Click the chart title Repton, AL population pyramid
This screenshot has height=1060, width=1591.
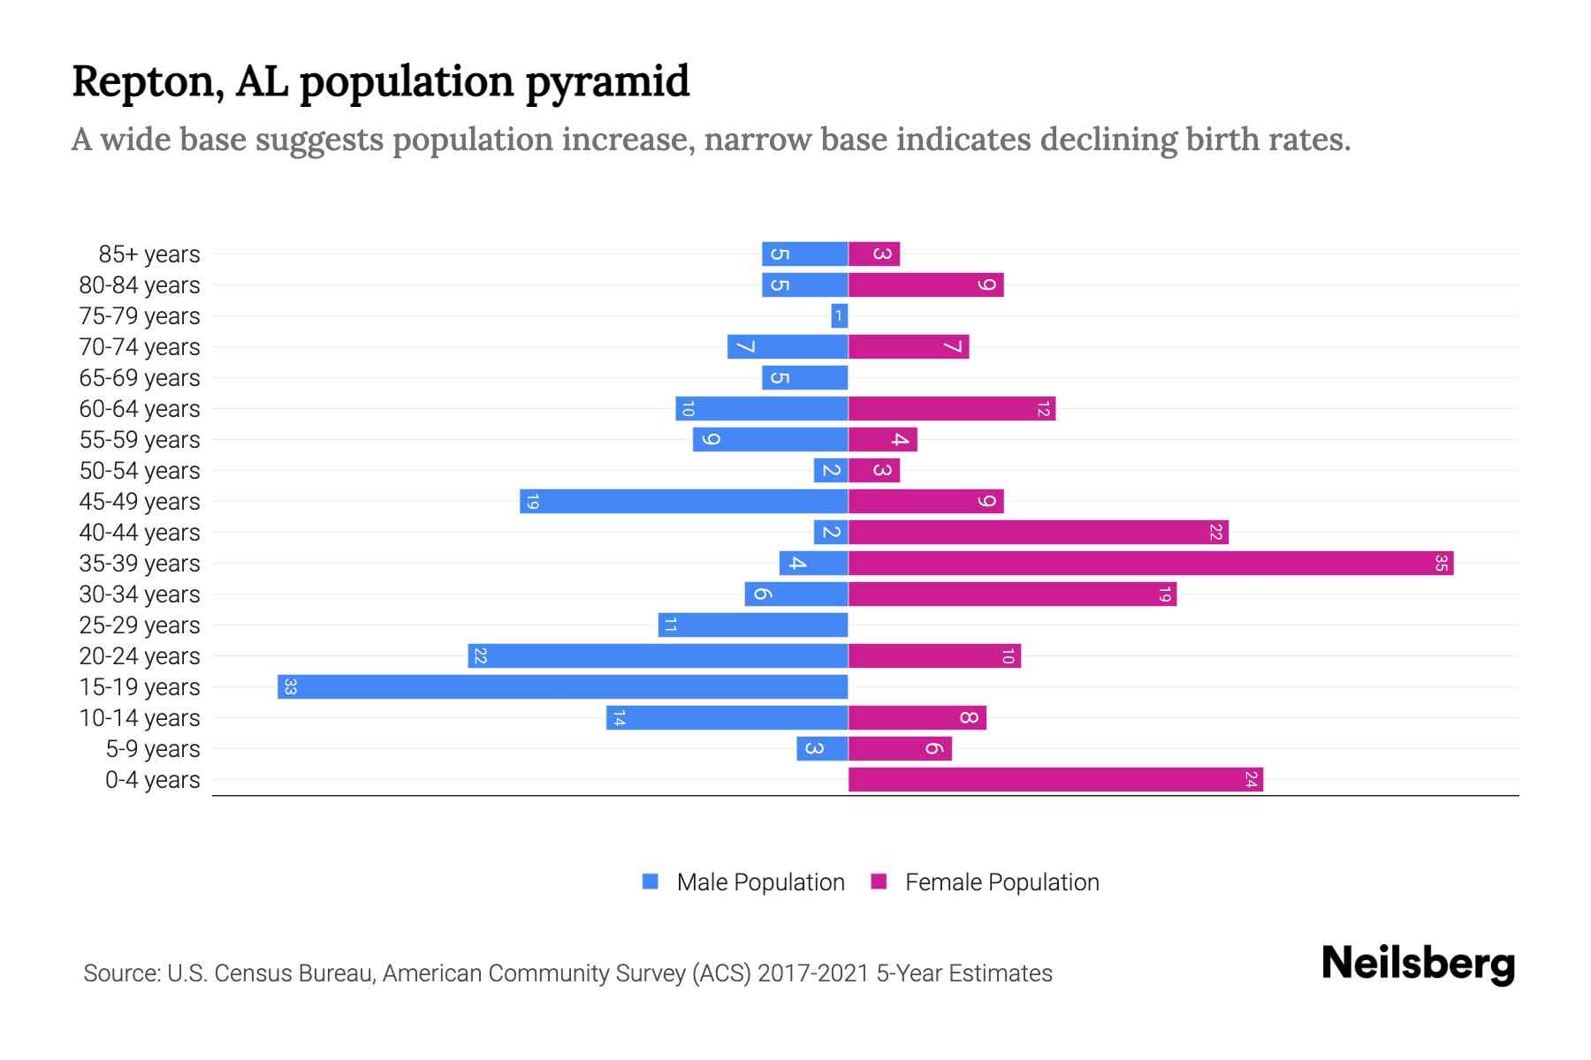click(x=380, y=81)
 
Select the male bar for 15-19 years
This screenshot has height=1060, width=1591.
click(x=562, y=687)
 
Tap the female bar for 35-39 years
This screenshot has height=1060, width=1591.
click(x=1149, y=564)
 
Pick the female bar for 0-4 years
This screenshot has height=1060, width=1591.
click(x=1054, y=780)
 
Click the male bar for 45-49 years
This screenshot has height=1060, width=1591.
click(x=683, y=502)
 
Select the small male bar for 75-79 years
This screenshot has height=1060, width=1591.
click(x=839, y=316)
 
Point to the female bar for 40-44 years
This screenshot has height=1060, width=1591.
click(x=1038, y=533)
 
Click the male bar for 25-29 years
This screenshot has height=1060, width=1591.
click(x=753, y=625)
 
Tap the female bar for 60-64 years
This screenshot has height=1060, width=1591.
click(x=951, y=409)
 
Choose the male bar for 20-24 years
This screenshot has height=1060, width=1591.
click(x=658, y=656)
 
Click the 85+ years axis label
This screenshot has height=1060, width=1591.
click(x=148, y=254)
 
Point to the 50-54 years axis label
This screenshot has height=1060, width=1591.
click(x=140, y=471)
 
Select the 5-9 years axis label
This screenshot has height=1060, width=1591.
click(x=152, y=749)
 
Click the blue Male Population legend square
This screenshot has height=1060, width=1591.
click(x=651, y=882)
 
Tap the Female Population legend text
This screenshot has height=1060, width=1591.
click(x=1001, y=882)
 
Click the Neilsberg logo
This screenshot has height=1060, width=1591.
click(x=1418, y=964)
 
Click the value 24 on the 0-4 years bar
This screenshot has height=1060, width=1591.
click(x=1251, y=780)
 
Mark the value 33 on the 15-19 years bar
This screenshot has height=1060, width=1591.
click(x=290, y=687)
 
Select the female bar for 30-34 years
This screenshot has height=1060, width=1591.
click(x=1012, y=594)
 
